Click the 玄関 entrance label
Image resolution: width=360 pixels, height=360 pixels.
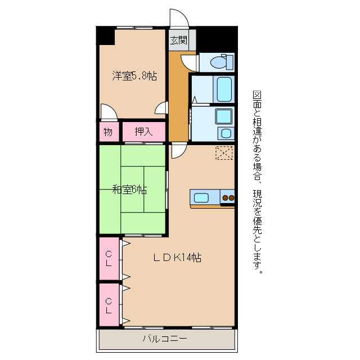[x=179, y=40]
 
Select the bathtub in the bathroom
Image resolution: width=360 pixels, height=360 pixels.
[x=224, y=89]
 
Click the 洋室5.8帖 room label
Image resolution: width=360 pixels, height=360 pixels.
[x=134, y=76]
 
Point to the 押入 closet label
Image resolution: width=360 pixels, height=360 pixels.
[x=144, y=132]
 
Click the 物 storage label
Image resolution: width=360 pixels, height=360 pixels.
[x=108, y=132]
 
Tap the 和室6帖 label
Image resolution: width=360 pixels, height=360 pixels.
[x=129, y=190]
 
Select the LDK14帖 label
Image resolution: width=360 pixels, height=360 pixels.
[x=178, y=258]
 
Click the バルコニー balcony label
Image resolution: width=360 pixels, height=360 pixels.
[x=165, y=339]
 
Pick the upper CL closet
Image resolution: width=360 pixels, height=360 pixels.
[x=109, y=259]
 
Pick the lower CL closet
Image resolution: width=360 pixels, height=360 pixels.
[x=109, y=305]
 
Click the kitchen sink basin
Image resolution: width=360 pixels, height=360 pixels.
[x=201, y=198]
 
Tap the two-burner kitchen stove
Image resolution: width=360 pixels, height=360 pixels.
[x=227, y=197]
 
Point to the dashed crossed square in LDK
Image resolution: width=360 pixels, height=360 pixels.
[x=224, y=153]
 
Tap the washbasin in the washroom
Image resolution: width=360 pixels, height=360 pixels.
[x=226, y=133]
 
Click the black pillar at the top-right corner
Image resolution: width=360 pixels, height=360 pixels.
[x=217, y=39]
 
